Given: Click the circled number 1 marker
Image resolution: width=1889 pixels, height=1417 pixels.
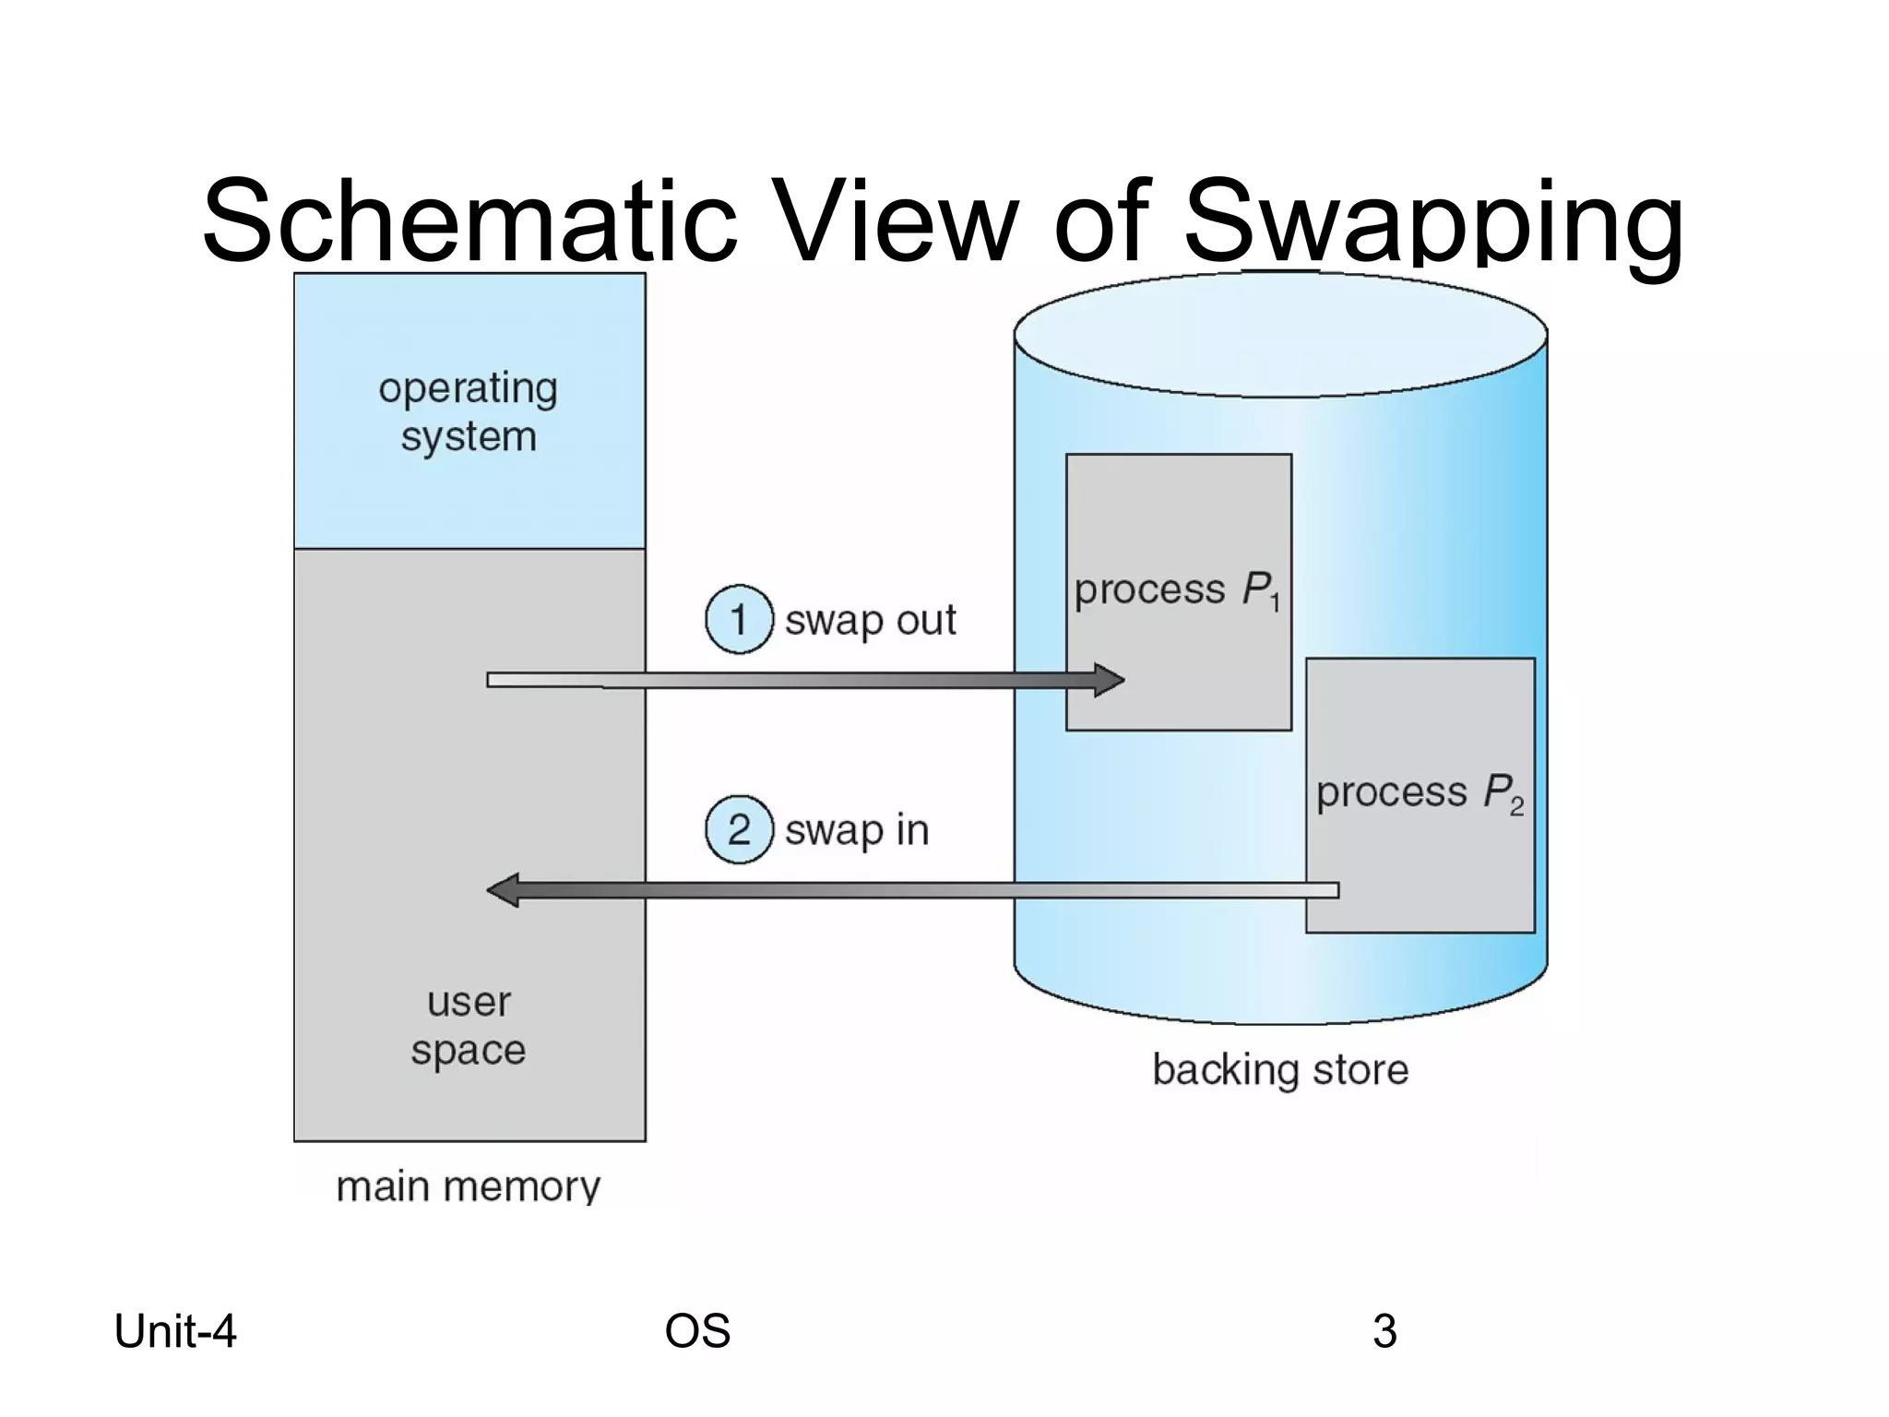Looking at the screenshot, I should pos(738,620).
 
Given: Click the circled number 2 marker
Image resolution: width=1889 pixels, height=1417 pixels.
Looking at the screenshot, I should pos(738,829).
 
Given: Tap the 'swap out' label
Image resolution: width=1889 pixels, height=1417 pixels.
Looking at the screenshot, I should pos(870,621).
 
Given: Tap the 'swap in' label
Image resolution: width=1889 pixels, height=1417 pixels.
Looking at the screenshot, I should pos(856,830).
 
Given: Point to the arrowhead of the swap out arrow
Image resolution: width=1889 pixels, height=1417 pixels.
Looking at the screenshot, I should pos(1109,681).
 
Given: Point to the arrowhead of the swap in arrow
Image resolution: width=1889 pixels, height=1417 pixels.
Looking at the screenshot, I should pos(503,890).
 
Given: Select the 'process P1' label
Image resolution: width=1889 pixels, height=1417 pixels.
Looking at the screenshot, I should pos(1177,590).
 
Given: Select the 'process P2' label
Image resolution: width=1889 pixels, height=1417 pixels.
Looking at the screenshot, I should pos(1419,792).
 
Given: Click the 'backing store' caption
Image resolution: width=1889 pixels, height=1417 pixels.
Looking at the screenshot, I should pos(1280,1070).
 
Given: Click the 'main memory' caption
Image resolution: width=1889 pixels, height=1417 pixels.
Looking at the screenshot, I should pos(468,1186).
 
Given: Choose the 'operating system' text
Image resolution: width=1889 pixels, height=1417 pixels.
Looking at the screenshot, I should pos(469,412).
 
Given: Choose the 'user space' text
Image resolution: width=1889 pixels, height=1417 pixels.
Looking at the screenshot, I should pos(469,1026).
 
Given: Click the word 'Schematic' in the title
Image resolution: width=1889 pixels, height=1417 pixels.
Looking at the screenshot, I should pos(469,221).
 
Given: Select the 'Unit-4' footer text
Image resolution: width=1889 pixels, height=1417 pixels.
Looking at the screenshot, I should pos(175,1331).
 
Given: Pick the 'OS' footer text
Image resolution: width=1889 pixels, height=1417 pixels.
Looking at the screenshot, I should pos(697,1331).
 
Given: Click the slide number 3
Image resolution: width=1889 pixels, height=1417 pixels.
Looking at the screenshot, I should pos(1384,1331).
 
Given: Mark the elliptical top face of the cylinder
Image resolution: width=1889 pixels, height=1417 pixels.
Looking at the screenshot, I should pos(1280,334).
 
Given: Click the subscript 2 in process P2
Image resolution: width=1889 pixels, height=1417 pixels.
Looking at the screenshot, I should pos(1516,808).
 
